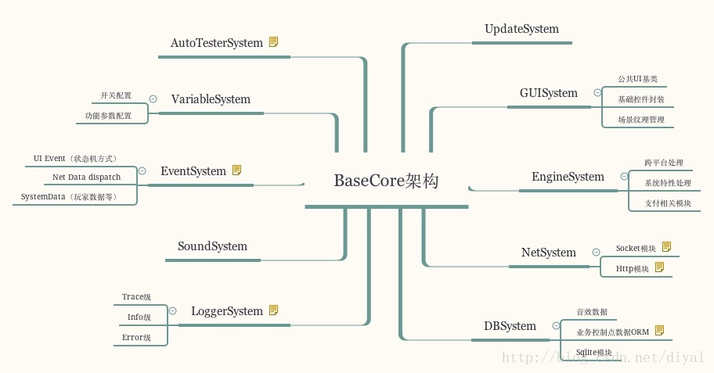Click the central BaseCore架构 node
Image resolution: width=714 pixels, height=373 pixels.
pos(387,181)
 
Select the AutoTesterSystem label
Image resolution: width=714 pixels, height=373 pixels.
pos(217,43)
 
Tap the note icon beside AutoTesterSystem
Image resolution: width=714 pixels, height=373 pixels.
pos(273,42)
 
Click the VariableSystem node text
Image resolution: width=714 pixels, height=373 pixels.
pos(211,99)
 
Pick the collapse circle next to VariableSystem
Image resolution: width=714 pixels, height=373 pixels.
pos(153,99)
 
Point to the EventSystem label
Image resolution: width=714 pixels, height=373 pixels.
pos(193,170)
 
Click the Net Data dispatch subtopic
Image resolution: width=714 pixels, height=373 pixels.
pos(86,178)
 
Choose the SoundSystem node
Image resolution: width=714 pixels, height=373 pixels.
pos(212,246)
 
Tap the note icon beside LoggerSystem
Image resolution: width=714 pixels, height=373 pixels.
pos(273,310)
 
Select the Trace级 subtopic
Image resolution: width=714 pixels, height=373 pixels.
pos(136,297)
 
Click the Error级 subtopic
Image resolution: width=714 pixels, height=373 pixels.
pos(136,338)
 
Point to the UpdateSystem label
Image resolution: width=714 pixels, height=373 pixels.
pos(521,29)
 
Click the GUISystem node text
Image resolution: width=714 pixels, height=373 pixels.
pos(548,93)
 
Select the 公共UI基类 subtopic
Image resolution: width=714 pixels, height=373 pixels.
pos(637,80)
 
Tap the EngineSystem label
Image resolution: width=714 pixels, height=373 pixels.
pos(568,177)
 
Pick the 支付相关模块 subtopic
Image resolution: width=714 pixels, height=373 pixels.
pos(668,203)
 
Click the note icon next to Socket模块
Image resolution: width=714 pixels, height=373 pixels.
pos(666,247)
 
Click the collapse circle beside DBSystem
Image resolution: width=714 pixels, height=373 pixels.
pos(556,326)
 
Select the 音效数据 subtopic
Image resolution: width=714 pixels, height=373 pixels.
pos(592,311)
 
